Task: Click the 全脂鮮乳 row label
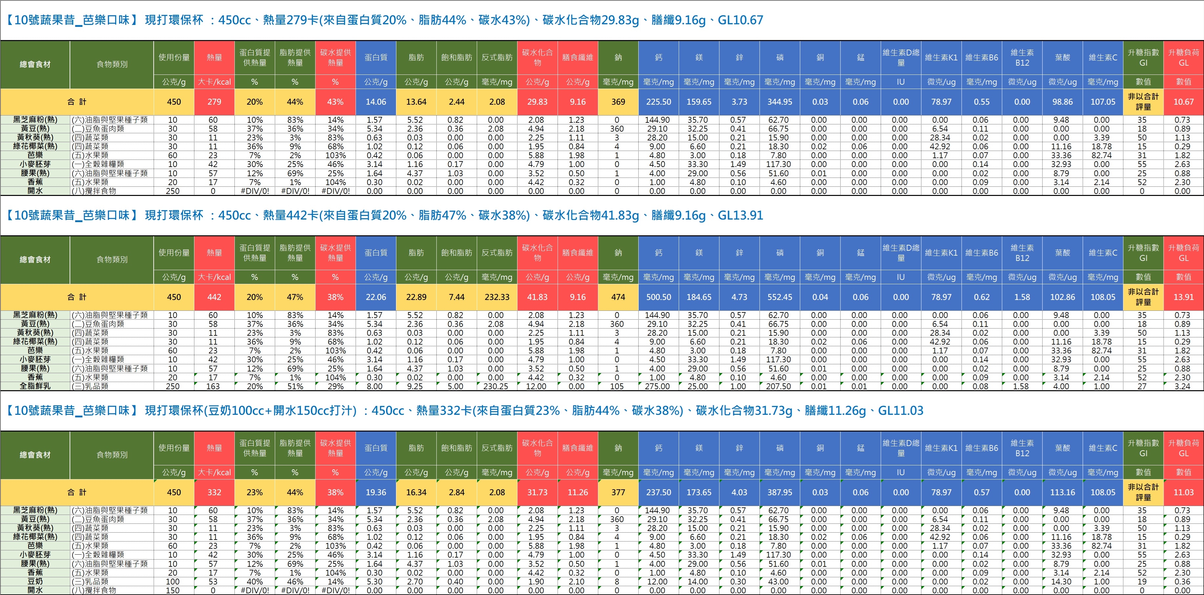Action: point(35,386)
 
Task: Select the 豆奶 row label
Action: point(35,582)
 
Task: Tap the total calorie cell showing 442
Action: point(214,297)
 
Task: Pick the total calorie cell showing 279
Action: point(214,102)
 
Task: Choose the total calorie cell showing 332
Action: point(214,492)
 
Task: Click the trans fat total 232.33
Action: point(497,297)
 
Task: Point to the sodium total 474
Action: point(618,297)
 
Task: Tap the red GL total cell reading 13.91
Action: point(1183,297)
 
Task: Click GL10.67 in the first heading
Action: point(740,20)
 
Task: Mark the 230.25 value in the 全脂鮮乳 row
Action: point(495,386)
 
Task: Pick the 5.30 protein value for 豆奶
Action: point(374,582)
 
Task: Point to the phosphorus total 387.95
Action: point(779,492)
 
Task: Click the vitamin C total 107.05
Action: point(1103,102)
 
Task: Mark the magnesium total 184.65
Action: point(699,297)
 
